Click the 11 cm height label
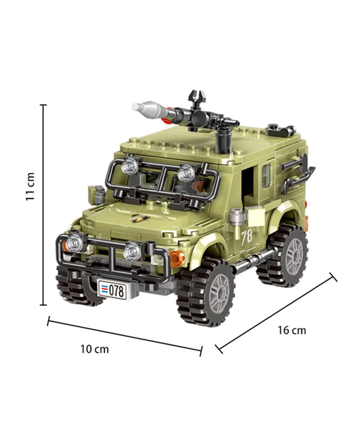(30, 186)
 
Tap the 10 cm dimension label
(94, 349)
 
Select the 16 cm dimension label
(292, 330)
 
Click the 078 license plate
(112, 290)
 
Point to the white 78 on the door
(247, 237)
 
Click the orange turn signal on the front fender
(177, 257)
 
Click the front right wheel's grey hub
(220, 293)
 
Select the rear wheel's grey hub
(294, 256)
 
